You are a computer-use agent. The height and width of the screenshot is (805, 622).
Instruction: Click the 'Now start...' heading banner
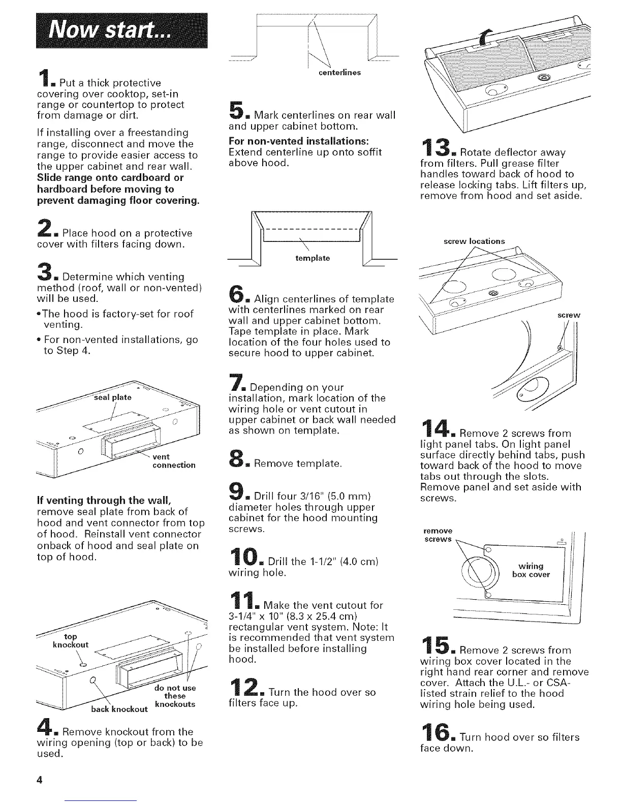[x=121, y=30]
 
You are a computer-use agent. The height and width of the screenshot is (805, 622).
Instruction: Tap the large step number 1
[x=44, y=78]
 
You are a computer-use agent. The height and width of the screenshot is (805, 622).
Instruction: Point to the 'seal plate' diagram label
[x=113, y=397]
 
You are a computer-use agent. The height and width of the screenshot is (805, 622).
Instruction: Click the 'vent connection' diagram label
[x=174, y=461]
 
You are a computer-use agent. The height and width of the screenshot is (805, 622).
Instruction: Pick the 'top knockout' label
[x=71, y=640]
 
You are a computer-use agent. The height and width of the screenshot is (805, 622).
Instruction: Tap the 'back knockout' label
[x=119, y=709]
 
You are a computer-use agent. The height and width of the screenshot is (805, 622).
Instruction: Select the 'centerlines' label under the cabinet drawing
[x=339, y=73]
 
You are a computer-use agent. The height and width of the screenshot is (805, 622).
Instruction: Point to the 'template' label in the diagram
[x=313, y=258]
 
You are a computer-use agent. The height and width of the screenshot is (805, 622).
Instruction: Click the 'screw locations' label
[x=474, y=241]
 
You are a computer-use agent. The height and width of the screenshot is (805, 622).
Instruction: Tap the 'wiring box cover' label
[x=531, y=570]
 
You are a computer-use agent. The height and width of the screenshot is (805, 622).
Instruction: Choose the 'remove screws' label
[x=438, y=535]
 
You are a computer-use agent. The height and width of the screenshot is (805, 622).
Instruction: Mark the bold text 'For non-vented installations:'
[x=299, y=141]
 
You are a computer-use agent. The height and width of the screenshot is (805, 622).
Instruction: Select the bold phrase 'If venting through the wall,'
[x=104, y=501]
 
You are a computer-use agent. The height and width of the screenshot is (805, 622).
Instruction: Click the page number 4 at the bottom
[x=40, y=780]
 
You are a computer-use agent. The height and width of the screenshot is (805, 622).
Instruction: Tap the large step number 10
[x=244, y=556]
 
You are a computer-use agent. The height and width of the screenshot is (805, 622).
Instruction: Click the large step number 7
[x=236, y=382]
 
